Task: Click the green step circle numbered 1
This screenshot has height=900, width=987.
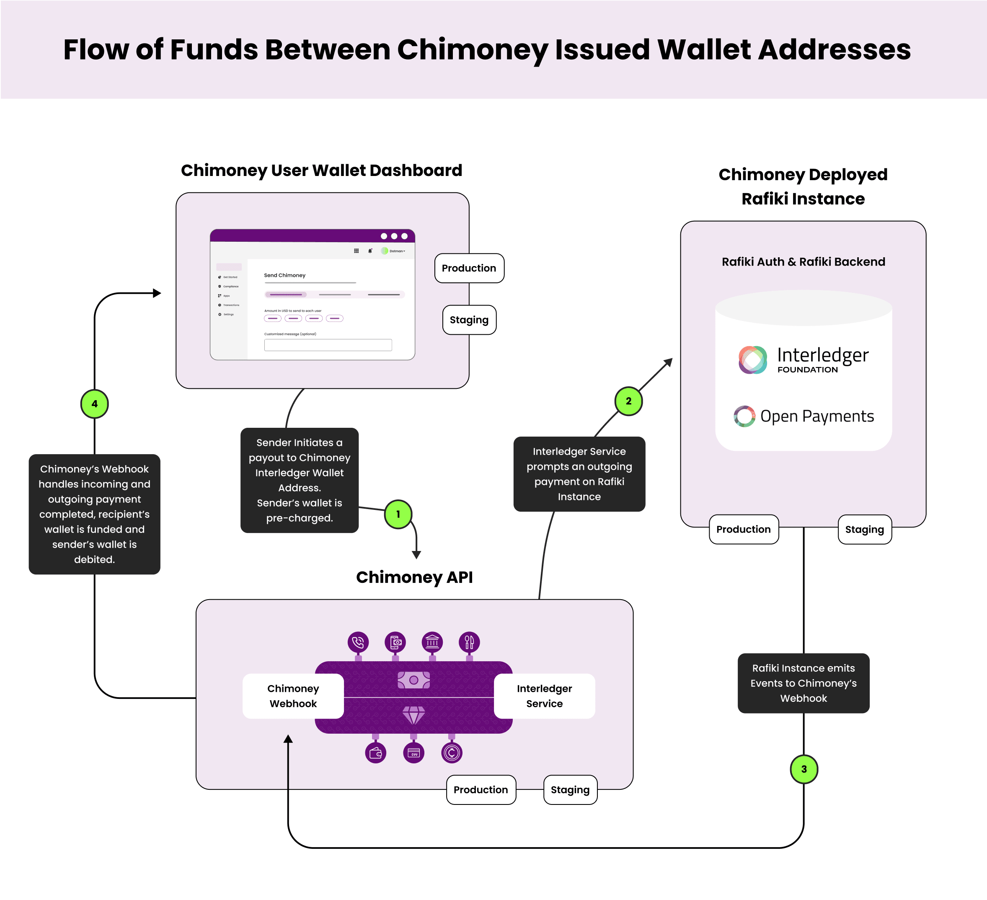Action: click(398, 514)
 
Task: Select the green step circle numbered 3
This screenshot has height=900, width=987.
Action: click(804, 769)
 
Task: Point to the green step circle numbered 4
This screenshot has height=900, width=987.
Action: click(95, 404)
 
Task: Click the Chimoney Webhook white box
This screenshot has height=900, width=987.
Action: click(293, 696)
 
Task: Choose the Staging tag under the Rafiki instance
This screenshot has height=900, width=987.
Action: click(864, 529)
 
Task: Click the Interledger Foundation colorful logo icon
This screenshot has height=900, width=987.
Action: click(753, 360)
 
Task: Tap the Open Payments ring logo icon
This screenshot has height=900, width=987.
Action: click(744, 416)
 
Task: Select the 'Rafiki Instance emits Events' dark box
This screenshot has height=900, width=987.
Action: click(803, 683)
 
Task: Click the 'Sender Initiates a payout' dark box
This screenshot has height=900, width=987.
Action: click(299, 480)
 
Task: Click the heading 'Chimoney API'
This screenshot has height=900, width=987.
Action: click(414, 577)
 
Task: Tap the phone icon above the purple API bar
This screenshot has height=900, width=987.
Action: click(358, 641)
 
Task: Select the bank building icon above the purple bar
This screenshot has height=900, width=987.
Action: click(432, 641)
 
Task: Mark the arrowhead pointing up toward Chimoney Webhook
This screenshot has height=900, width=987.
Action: click(288, 739)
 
